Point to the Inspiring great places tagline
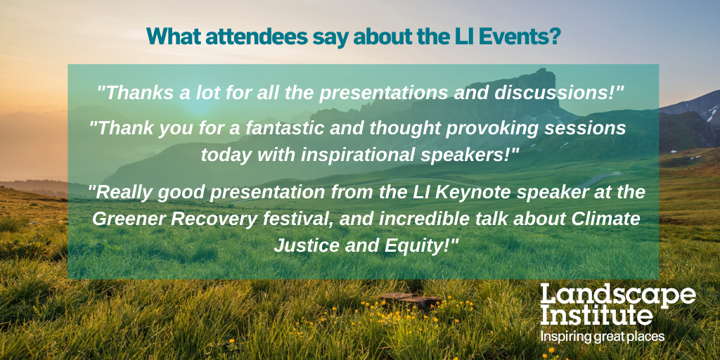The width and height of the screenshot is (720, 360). pyautogui.click(x=603, y=337)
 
